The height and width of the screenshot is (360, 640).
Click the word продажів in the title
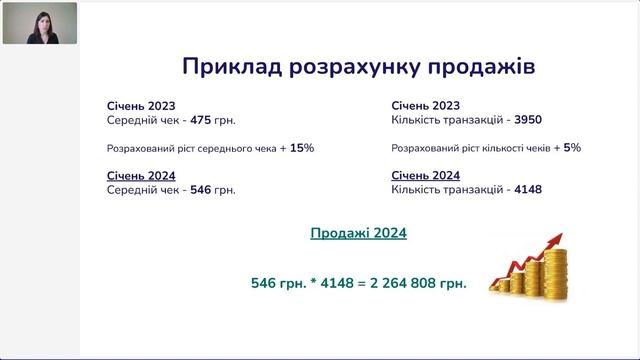(482, 66)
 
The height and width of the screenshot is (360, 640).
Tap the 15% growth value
(301, 147)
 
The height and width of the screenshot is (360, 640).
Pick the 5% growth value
(571, 147)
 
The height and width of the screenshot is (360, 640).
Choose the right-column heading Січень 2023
(427, 105)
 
